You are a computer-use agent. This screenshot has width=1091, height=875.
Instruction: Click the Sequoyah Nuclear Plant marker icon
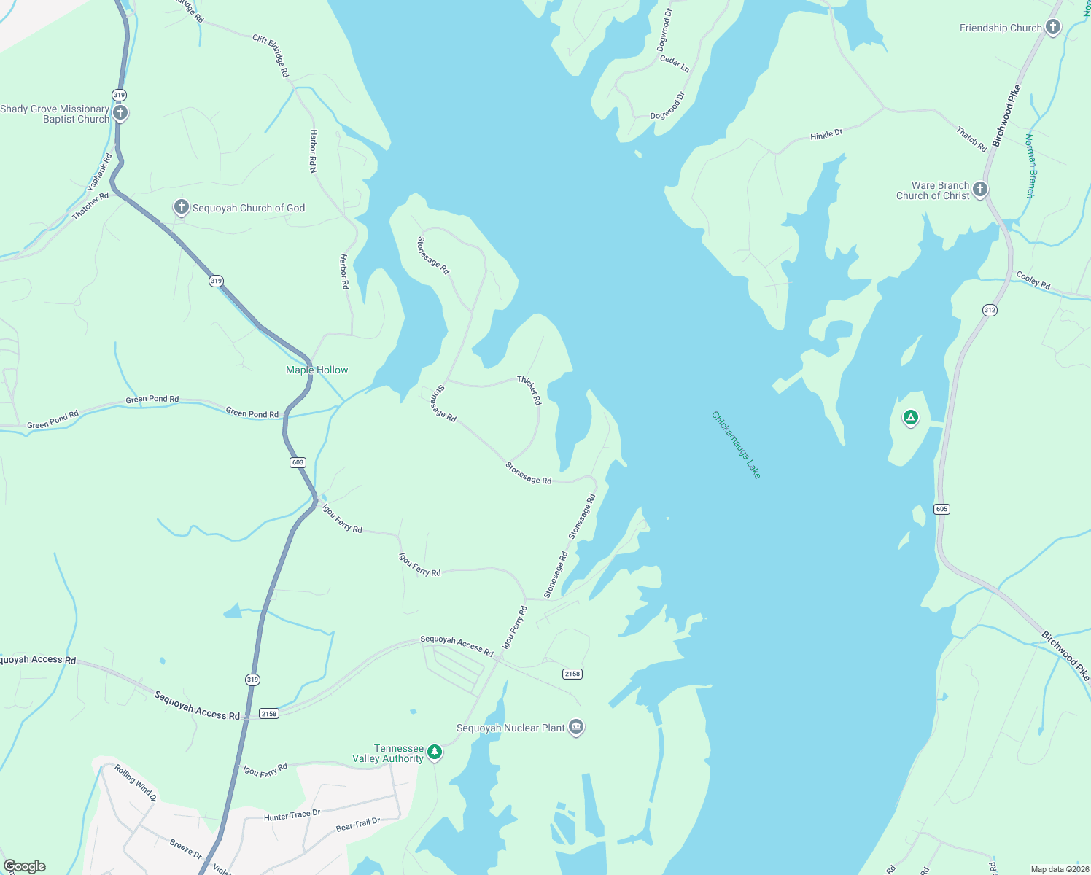click(x=576, y=727)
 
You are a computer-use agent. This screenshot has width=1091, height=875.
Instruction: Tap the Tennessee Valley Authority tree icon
click(x=435, y=752)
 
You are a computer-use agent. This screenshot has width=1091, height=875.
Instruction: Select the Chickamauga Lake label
click(x=736, y=446)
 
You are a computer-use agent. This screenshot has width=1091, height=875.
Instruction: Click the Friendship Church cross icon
click(x=1052, y=28)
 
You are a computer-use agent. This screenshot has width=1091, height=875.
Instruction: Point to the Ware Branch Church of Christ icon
click(x=980, y=190)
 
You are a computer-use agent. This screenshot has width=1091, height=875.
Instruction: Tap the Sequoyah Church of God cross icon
click(x=181, y=207)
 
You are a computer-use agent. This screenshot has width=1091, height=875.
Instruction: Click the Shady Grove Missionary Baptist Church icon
click(x=121, y=113)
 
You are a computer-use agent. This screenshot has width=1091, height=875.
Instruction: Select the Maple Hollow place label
click(x=317, y=370)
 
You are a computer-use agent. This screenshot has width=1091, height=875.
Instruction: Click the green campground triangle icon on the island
click(x=909, y=418)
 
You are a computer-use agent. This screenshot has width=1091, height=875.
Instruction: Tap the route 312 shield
click(x=989, y=310)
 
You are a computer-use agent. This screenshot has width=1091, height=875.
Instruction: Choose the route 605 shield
click(x=941, y=509)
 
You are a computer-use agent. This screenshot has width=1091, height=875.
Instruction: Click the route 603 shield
click(x=297, y=462)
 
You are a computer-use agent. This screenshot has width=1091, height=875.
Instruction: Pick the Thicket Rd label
click(x=529, y=391)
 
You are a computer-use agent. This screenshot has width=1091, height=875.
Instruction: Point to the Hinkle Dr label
click(x=826, y=135)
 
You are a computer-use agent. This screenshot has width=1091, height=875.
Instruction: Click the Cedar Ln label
click(x=674, y=63)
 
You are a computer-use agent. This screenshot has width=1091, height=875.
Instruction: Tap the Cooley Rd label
click(x=1033, y=281)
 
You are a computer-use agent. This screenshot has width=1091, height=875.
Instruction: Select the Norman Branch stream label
click(x=1030, y=166)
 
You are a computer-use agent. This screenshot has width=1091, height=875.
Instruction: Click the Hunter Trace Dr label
click(x=292, y=815)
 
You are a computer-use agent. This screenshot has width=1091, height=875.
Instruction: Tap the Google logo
click(x=24, y=866)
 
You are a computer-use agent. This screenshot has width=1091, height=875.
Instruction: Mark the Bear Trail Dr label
click(x=357, y=825)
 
